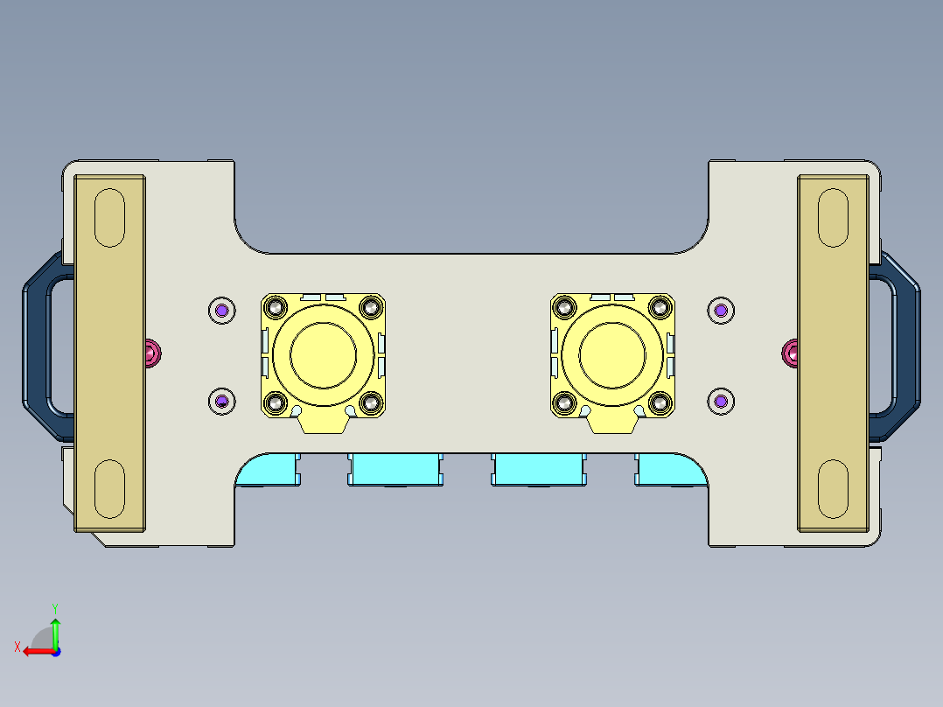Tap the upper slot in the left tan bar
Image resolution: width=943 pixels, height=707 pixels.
coord(110,217)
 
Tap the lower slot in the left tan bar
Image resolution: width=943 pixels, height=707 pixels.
coord(110,487)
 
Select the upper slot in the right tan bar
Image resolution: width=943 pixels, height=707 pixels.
coord(832,217)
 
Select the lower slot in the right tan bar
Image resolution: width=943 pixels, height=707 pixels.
coord(832,487)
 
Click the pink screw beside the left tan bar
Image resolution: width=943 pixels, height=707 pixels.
coord(153,353)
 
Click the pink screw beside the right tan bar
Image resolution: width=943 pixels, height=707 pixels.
coord(790,353)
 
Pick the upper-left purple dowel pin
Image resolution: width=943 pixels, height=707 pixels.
coord(222,310)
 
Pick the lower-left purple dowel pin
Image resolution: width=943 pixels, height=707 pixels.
coord(222,401)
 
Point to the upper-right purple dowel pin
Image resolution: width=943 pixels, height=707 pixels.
coord(720,310)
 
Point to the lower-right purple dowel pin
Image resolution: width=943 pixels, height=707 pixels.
coord(720,401)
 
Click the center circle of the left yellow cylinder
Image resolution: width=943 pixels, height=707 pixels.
coord(323,353)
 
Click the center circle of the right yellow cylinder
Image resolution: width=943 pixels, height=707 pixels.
coord(612,353)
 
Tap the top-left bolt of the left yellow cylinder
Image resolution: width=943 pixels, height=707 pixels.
coord(277,307)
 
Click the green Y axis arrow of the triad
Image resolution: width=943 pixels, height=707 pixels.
coord(55,628)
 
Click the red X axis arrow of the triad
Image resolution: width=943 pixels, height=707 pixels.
coord(33,651)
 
